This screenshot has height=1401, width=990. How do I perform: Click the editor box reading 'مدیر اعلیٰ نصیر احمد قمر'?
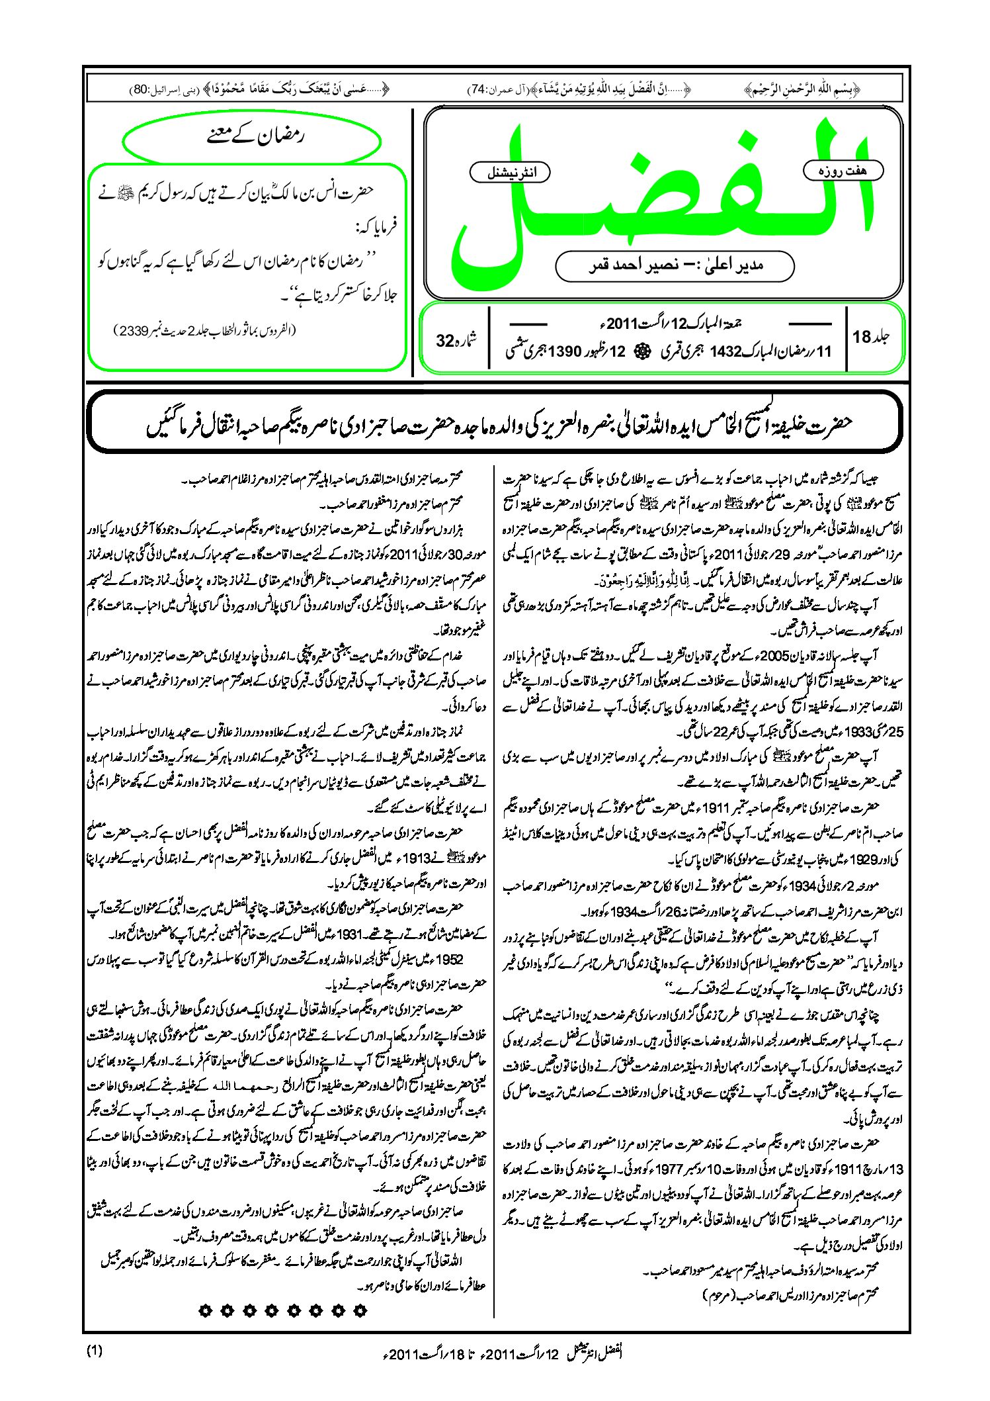point(675,266)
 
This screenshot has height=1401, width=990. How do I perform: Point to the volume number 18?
point(862,338)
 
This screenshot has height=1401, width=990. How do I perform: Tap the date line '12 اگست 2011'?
point(668,324)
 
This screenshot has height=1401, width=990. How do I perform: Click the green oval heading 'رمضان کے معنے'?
point(252,138)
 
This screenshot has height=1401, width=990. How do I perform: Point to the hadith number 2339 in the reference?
point(132,331)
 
